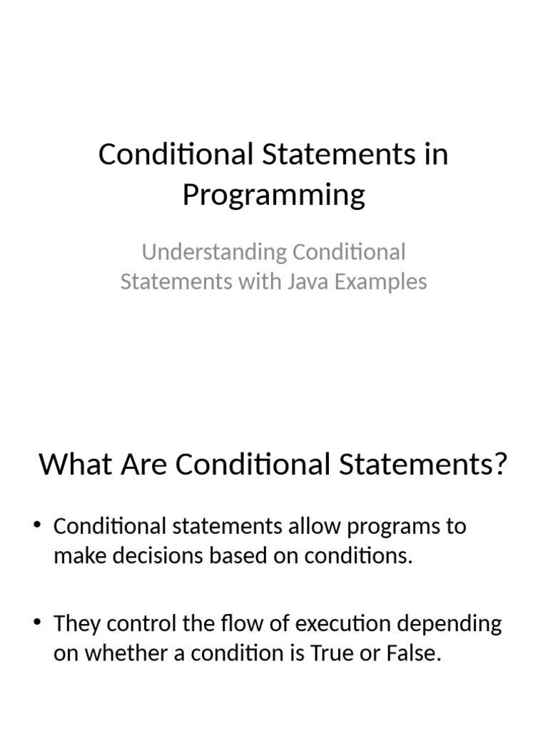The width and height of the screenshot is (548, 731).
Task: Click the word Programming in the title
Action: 273,195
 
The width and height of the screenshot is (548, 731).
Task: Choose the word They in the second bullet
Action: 76,624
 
